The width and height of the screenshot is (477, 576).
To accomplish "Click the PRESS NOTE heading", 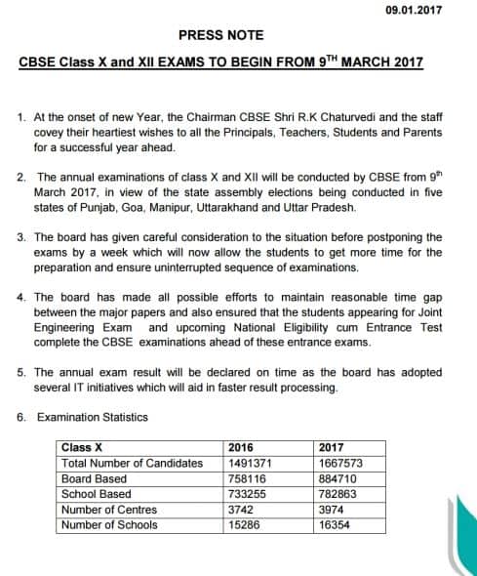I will pos(220,35).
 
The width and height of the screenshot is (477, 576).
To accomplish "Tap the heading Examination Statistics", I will pos(93,417).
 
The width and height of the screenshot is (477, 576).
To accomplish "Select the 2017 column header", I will pos(332,448).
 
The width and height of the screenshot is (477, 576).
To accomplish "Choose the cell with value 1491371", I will pos(249,463).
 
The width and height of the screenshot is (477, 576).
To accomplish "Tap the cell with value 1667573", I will pos(341,463).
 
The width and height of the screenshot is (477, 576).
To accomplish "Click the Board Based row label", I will pos(94,478).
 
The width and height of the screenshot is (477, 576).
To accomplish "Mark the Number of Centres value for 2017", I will pos(332,510).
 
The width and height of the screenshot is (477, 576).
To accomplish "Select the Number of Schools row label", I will pos(110,525).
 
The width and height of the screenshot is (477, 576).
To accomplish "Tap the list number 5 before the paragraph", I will pos(21,373).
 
